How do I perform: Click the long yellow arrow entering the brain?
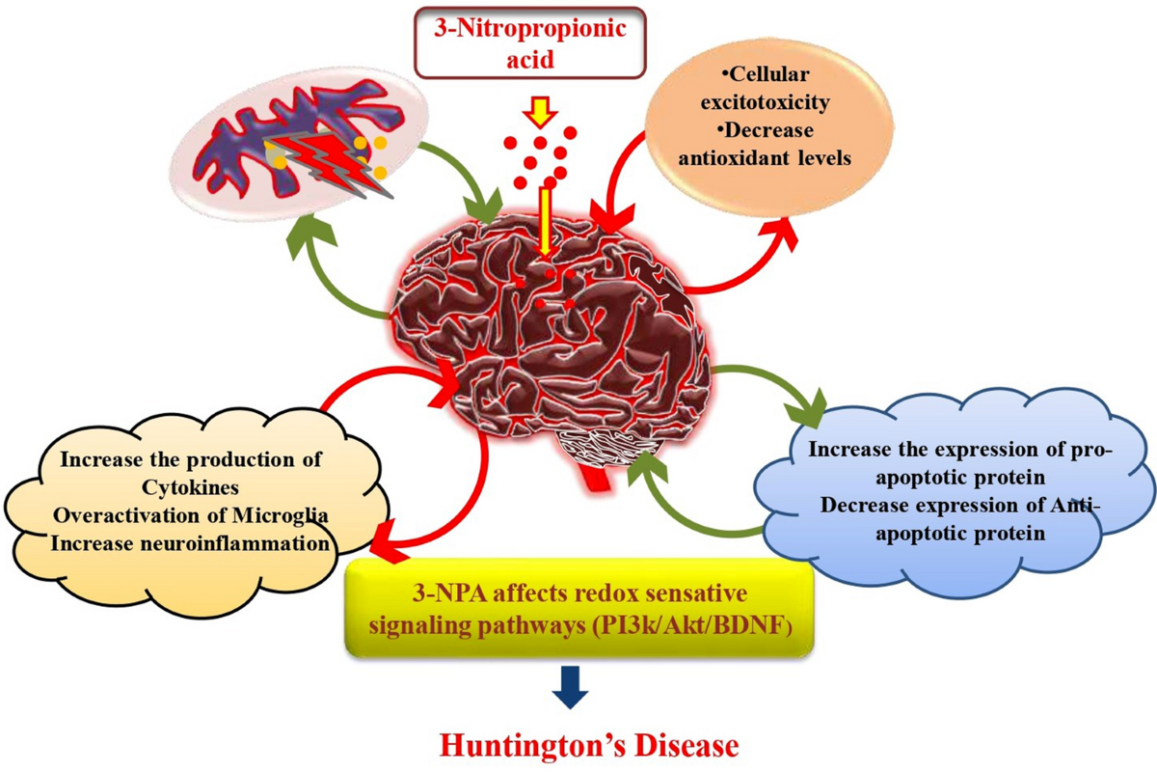(546, 222)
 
